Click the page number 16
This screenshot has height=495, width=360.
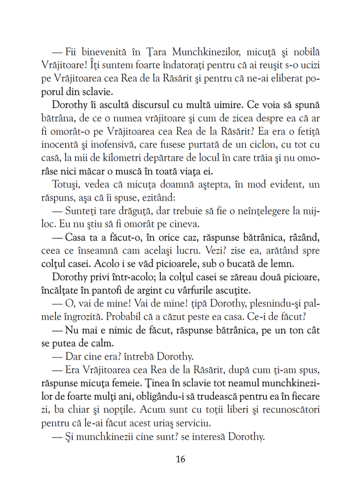point(180,459)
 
